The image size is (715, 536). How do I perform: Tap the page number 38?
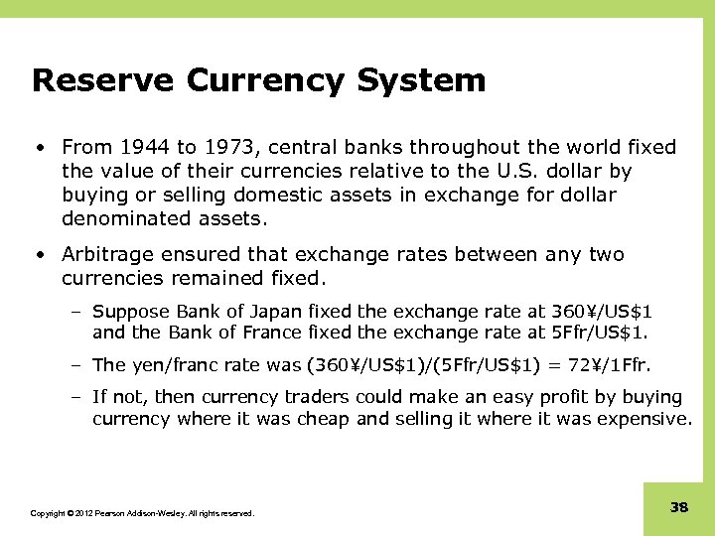click(679, 507)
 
